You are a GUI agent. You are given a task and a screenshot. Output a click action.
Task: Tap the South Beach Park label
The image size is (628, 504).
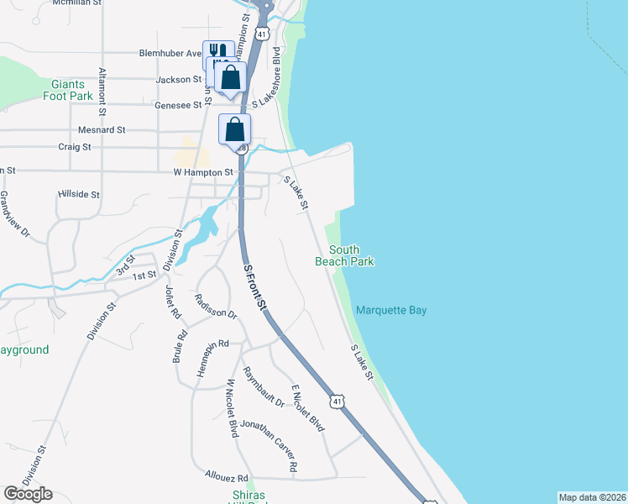[x=344, y=255]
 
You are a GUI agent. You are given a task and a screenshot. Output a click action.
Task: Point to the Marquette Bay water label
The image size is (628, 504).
[x=391, y=311]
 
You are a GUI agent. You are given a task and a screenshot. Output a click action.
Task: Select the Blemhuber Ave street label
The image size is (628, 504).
[x=170, y=53]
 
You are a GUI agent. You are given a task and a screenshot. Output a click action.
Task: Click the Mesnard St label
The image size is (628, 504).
[x=102, y=130]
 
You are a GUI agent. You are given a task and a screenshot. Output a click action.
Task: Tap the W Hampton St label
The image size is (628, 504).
[x=202, y=172]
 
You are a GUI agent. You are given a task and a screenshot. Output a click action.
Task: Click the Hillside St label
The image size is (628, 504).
[x=80, y=194]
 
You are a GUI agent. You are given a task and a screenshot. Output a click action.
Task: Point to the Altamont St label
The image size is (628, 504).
[x=102, y=91]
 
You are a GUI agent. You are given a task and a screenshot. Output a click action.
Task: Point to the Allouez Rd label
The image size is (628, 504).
[x=227, y=476]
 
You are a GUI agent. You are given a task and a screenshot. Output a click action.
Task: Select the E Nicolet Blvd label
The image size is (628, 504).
[x=307, y=408]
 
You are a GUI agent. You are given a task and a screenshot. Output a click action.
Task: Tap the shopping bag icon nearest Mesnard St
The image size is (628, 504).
[x=235, y=130]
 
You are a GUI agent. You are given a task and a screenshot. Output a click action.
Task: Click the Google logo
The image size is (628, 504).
[x=28, y=494]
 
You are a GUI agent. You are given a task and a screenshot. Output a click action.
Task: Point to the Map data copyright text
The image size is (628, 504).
[x=591, y=497]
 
